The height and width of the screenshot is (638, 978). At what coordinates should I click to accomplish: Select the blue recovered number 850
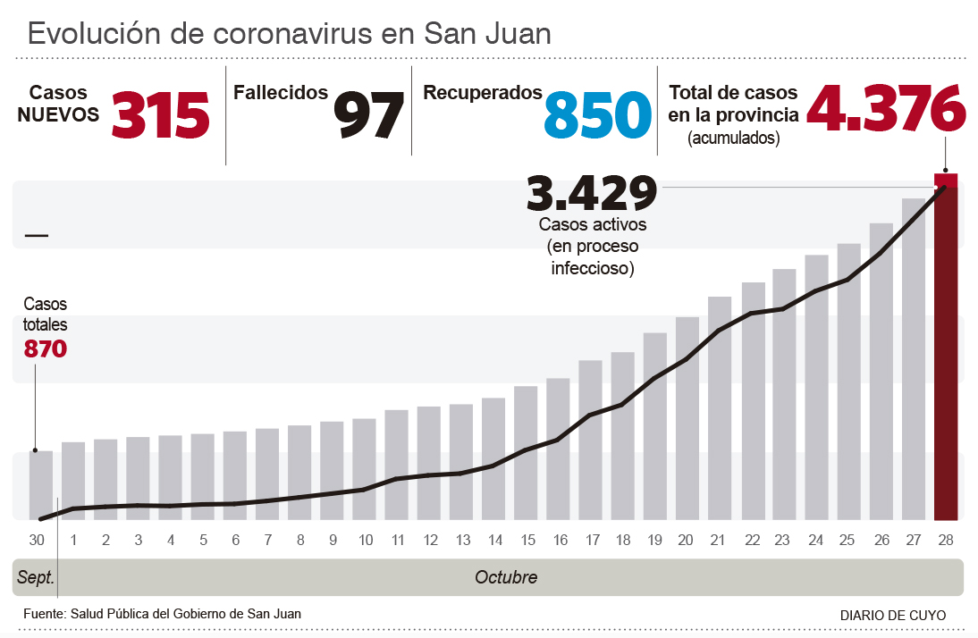pyautogui.click(x=597, y=114)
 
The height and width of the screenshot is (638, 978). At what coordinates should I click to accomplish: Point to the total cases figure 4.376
pyautogui.click(x=886, y=107)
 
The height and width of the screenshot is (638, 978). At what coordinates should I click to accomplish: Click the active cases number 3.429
pyautogui.click(x=592, y=192)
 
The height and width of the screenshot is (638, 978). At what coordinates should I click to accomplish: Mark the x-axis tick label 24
pyautogui.click(x=816, y=540)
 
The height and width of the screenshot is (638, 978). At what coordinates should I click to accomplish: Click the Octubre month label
pyautogui.click(x=506, y=577)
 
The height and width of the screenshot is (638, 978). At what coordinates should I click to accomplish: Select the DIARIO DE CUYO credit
pyautogui.click(x=893, y=616)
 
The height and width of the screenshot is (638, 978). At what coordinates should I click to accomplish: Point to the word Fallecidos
pyautogui.click(x=280, y=93)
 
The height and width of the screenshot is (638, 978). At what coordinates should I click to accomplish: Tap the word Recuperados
pyautogui.click(x=483, y=93)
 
